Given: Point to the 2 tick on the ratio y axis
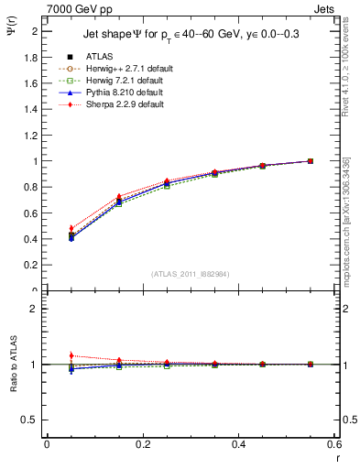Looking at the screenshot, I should (35, 309).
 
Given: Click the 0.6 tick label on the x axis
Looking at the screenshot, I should (334, 444).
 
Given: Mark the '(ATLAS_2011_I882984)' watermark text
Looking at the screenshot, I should (191, 274).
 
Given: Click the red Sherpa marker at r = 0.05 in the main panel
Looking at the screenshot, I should (46, 228).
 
